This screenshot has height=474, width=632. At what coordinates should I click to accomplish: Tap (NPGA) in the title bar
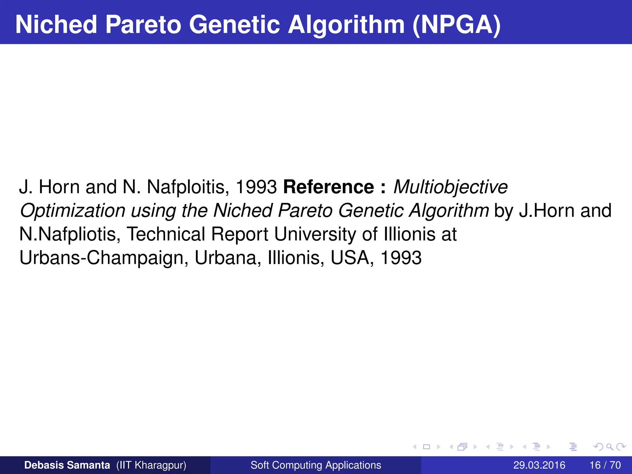pyautogui.click(x=456, y=25)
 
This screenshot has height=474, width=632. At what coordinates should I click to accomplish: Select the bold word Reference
pyautogui.click(x=329, y=187)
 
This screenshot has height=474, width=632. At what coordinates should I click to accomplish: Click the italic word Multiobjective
pyautogui.click(x=450, y=187)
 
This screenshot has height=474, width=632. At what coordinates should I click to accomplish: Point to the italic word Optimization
pyautogui.click(x=73, y=211)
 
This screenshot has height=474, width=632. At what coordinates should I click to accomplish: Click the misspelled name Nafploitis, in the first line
pyautogui.click(x=188, y=187)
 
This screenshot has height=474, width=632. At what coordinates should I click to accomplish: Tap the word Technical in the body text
pyautogui.click(x=166, y=234)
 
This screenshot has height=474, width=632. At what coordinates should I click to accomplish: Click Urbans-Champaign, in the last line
pyautogui.click(x=104, y=258)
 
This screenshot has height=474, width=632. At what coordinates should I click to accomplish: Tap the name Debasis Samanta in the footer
pyautogui.click(x=67, y=465)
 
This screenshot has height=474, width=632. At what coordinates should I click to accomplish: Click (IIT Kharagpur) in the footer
pyautogui.click(x=151, y=465)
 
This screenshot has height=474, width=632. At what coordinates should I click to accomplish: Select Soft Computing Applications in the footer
pyautogui.click(x=316, y=465)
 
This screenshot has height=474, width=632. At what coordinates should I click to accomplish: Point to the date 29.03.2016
pyautogui.click(x=539, y=465)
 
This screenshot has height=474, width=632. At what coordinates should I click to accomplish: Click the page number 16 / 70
pyautogui.click(x=605, y=465)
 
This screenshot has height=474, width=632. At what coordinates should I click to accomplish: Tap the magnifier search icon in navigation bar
pyautogui.click(x=609, y=447)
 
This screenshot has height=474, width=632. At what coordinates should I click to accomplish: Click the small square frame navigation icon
pyautogui.click(x=426, y=447)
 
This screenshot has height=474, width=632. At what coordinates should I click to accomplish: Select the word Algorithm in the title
pyautogui.click(x=346, y=25)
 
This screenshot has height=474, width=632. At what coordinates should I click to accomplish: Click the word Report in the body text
pyautogui.click(x=239, y=234)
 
